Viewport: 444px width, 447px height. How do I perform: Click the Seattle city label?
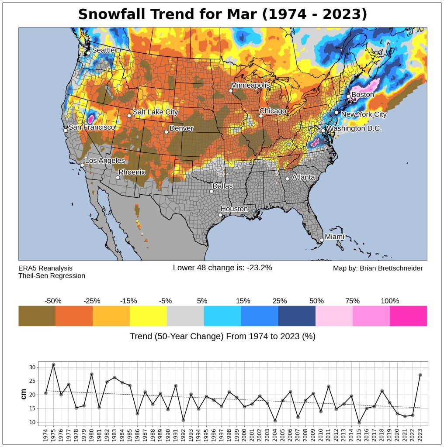pos(104,50)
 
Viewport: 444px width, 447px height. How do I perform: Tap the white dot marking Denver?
pos(166,132)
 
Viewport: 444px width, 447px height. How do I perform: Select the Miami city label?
pos(334,237)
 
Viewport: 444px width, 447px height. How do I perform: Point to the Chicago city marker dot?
pos(261,116)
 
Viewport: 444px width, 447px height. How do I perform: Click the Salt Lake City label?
pos(155,112)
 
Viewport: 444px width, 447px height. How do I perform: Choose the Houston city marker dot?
pos(220,215)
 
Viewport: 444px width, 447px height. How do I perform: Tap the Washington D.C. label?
pos(354,129)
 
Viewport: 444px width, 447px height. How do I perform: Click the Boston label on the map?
pos(363,94)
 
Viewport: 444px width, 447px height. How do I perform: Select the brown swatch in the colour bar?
pos(37,316)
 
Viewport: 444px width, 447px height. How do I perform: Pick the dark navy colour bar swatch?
pos(297,316)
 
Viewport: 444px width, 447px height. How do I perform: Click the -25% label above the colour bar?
pos(92,301)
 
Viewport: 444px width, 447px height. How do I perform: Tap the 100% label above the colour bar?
pos(390,301)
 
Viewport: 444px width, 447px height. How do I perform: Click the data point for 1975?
pos(53,364)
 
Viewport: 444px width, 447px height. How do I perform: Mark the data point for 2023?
pos(420,375)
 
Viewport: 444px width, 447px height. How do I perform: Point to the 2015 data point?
pos(359,423)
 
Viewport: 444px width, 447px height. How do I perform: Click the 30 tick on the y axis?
pos(31,368)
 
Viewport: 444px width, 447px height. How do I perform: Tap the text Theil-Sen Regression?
pos(52,276)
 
